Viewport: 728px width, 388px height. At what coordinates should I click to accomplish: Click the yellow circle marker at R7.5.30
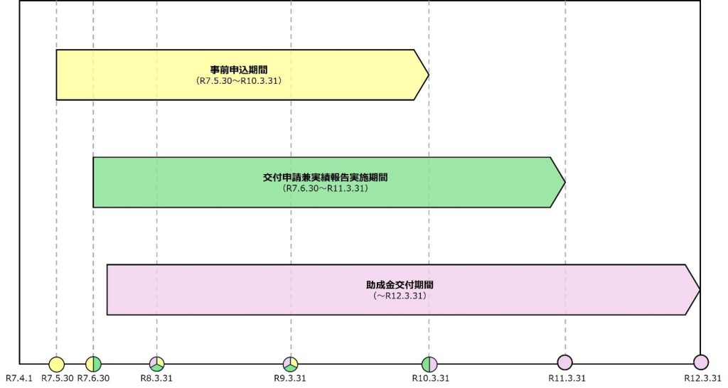pos(56,364)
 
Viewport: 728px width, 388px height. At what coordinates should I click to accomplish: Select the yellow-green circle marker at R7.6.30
pos(93,364)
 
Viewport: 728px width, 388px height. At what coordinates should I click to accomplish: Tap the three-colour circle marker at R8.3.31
pos(157,364)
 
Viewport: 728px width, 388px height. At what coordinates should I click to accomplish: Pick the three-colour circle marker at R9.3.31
pos(291,364)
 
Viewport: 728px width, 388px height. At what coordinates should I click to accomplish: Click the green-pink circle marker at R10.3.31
pos(429,365)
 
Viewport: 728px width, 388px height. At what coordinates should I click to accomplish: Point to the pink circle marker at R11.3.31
pos(565,362)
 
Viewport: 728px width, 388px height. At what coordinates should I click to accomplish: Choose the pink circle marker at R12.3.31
pos(700,362)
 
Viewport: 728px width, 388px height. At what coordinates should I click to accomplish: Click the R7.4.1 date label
pos(19,378)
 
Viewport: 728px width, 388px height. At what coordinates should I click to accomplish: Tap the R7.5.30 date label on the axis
pos(58,378)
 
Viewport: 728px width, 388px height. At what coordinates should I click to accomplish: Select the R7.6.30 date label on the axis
pos(93,378)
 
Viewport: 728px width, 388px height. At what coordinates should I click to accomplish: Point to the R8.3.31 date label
pos(156,378)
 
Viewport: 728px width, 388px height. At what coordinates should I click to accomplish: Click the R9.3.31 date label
pos(290,378)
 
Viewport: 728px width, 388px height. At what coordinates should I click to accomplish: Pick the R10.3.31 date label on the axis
pos(431,378)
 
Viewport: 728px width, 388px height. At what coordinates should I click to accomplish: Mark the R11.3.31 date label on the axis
pos(567,378)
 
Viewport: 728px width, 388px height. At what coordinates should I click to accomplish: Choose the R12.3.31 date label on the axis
pos(703,378)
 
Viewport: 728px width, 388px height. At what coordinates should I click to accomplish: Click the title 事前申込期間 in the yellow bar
pos(239,70)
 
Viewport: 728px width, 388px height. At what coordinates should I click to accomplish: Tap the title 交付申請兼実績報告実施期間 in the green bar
pos(325,178)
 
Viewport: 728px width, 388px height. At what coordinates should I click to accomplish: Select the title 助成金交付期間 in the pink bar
pos(400,285)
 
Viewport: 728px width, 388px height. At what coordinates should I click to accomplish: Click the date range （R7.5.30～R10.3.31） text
pos(239,81)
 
